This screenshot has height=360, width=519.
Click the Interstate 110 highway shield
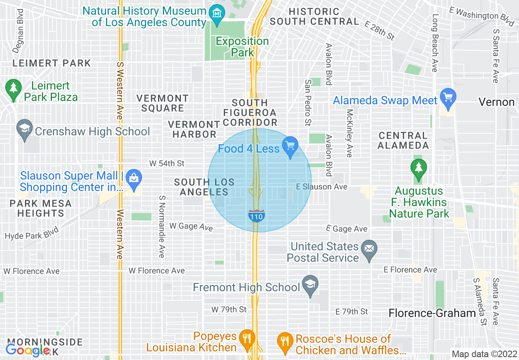[x=256, y=216]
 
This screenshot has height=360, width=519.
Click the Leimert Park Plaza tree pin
[x=14, y=89]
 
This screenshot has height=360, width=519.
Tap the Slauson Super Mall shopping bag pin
[x=133, y=178]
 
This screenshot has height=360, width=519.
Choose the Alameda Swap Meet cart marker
[x=448, y=99]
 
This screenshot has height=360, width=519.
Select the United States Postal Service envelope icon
[x=369, y=250]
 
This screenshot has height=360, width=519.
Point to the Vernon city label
[x=496, y=102]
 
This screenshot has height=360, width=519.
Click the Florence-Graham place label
[x=432, y=313]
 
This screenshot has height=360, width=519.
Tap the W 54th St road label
[x=167, y=164]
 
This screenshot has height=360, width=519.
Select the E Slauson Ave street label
[x=322, y=187]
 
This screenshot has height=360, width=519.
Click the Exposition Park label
[x=242, y=47]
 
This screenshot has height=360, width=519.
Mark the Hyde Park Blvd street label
[x=32, y=233]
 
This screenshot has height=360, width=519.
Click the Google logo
[x=27, y=350]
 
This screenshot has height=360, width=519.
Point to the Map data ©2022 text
[x=484, y=354]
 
